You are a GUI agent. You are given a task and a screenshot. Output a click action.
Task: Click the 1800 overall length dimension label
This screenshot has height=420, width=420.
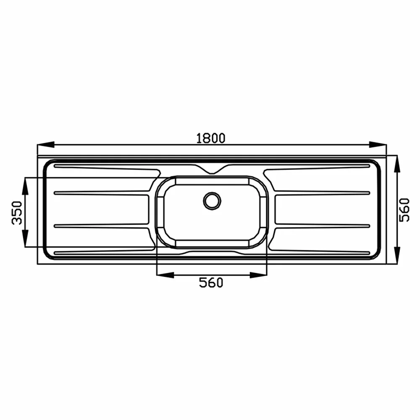[211, 138]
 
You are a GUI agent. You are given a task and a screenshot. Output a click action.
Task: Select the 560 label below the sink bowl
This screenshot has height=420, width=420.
[211, 283]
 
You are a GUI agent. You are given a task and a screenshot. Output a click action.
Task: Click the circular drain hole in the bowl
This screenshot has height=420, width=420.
[212, 200]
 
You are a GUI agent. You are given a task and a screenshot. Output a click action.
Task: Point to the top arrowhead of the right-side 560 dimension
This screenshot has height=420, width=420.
[397, 164]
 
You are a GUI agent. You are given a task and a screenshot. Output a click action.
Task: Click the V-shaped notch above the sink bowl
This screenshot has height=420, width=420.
[212, 170]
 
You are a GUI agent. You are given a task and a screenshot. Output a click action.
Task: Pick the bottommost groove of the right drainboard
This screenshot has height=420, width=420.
[319, 252]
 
